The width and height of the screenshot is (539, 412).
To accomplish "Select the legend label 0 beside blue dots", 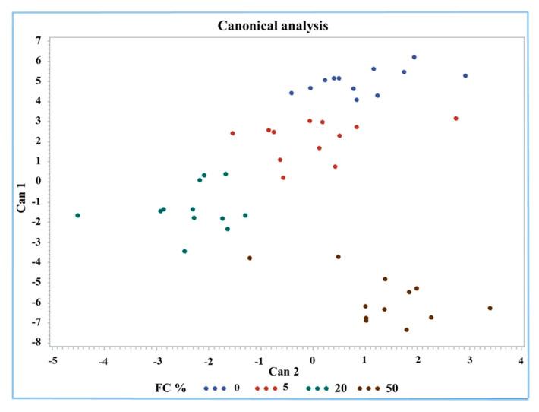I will coord(237,388).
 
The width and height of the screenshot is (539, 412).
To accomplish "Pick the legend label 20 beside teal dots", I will coord(341,388).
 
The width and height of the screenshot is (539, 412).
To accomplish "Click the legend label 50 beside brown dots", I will coord(392,388).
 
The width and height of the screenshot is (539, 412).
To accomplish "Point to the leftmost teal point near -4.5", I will coord(77,215).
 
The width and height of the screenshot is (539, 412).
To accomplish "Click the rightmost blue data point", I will coord(465,75).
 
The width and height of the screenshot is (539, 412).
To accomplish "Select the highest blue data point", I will coord(414,57).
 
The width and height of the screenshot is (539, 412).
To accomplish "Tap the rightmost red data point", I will coord(455,118).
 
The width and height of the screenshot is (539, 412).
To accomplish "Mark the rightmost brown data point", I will coord(490,308).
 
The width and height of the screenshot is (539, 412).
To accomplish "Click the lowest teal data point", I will coord(184,251).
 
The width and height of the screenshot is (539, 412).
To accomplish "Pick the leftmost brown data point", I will coord(250,258).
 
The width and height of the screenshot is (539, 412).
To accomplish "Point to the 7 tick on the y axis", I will coord(36,40).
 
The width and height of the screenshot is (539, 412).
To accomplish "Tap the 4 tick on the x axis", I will coord(521,358).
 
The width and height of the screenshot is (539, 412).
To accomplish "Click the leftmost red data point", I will coord(232,133).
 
